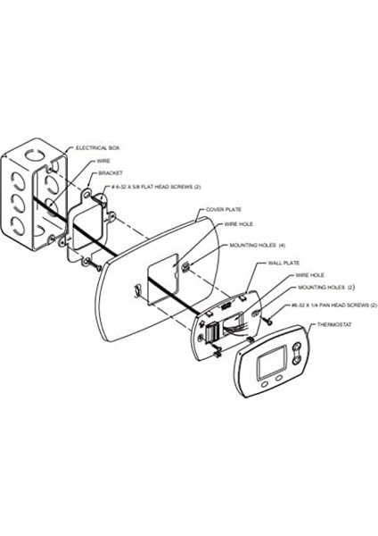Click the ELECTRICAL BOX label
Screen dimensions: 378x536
click(97, 148)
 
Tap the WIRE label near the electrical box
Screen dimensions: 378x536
click(103, 161)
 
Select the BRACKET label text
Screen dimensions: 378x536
click(111, 173)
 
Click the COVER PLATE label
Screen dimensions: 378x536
click(224, 210)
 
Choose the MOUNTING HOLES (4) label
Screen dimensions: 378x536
click(258, 246)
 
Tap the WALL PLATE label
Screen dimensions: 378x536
click(283, 264)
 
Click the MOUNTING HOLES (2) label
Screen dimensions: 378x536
click(326, 288)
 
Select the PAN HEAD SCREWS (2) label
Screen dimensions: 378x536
click(334, 305)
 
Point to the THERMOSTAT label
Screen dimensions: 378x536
click(334, 325)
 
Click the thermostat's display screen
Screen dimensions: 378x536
click(272, 362)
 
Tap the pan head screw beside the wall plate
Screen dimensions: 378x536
click(268, 321)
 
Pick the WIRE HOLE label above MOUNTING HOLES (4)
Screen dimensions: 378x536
click(238, 224)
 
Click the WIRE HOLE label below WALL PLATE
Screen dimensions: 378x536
click(309, 275)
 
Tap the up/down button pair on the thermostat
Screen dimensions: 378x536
click(298, 353)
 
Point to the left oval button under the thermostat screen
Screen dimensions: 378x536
click(265, 384)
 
